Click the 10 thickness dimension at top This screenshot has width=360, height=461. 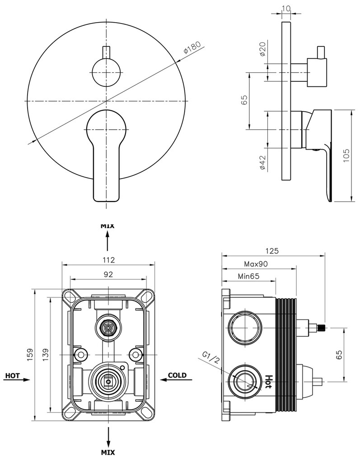[x=285, y=8]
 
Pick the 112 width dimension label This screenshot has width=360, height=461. [x=108, y=259]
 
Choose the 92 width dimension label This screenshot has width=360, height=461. [x=108, y=274]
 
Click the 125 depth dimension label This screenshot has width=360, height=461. [x=273, y=250]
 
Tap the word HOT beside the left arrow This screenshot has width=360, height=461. [x=12, y=375]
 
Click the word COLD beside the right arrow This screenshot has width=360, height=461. [x=177, y=375]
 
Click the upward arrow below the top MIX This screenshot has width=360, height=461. [x=108, y=240]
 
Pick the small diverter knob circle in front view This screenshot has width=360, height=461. [x=107, y=72]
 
